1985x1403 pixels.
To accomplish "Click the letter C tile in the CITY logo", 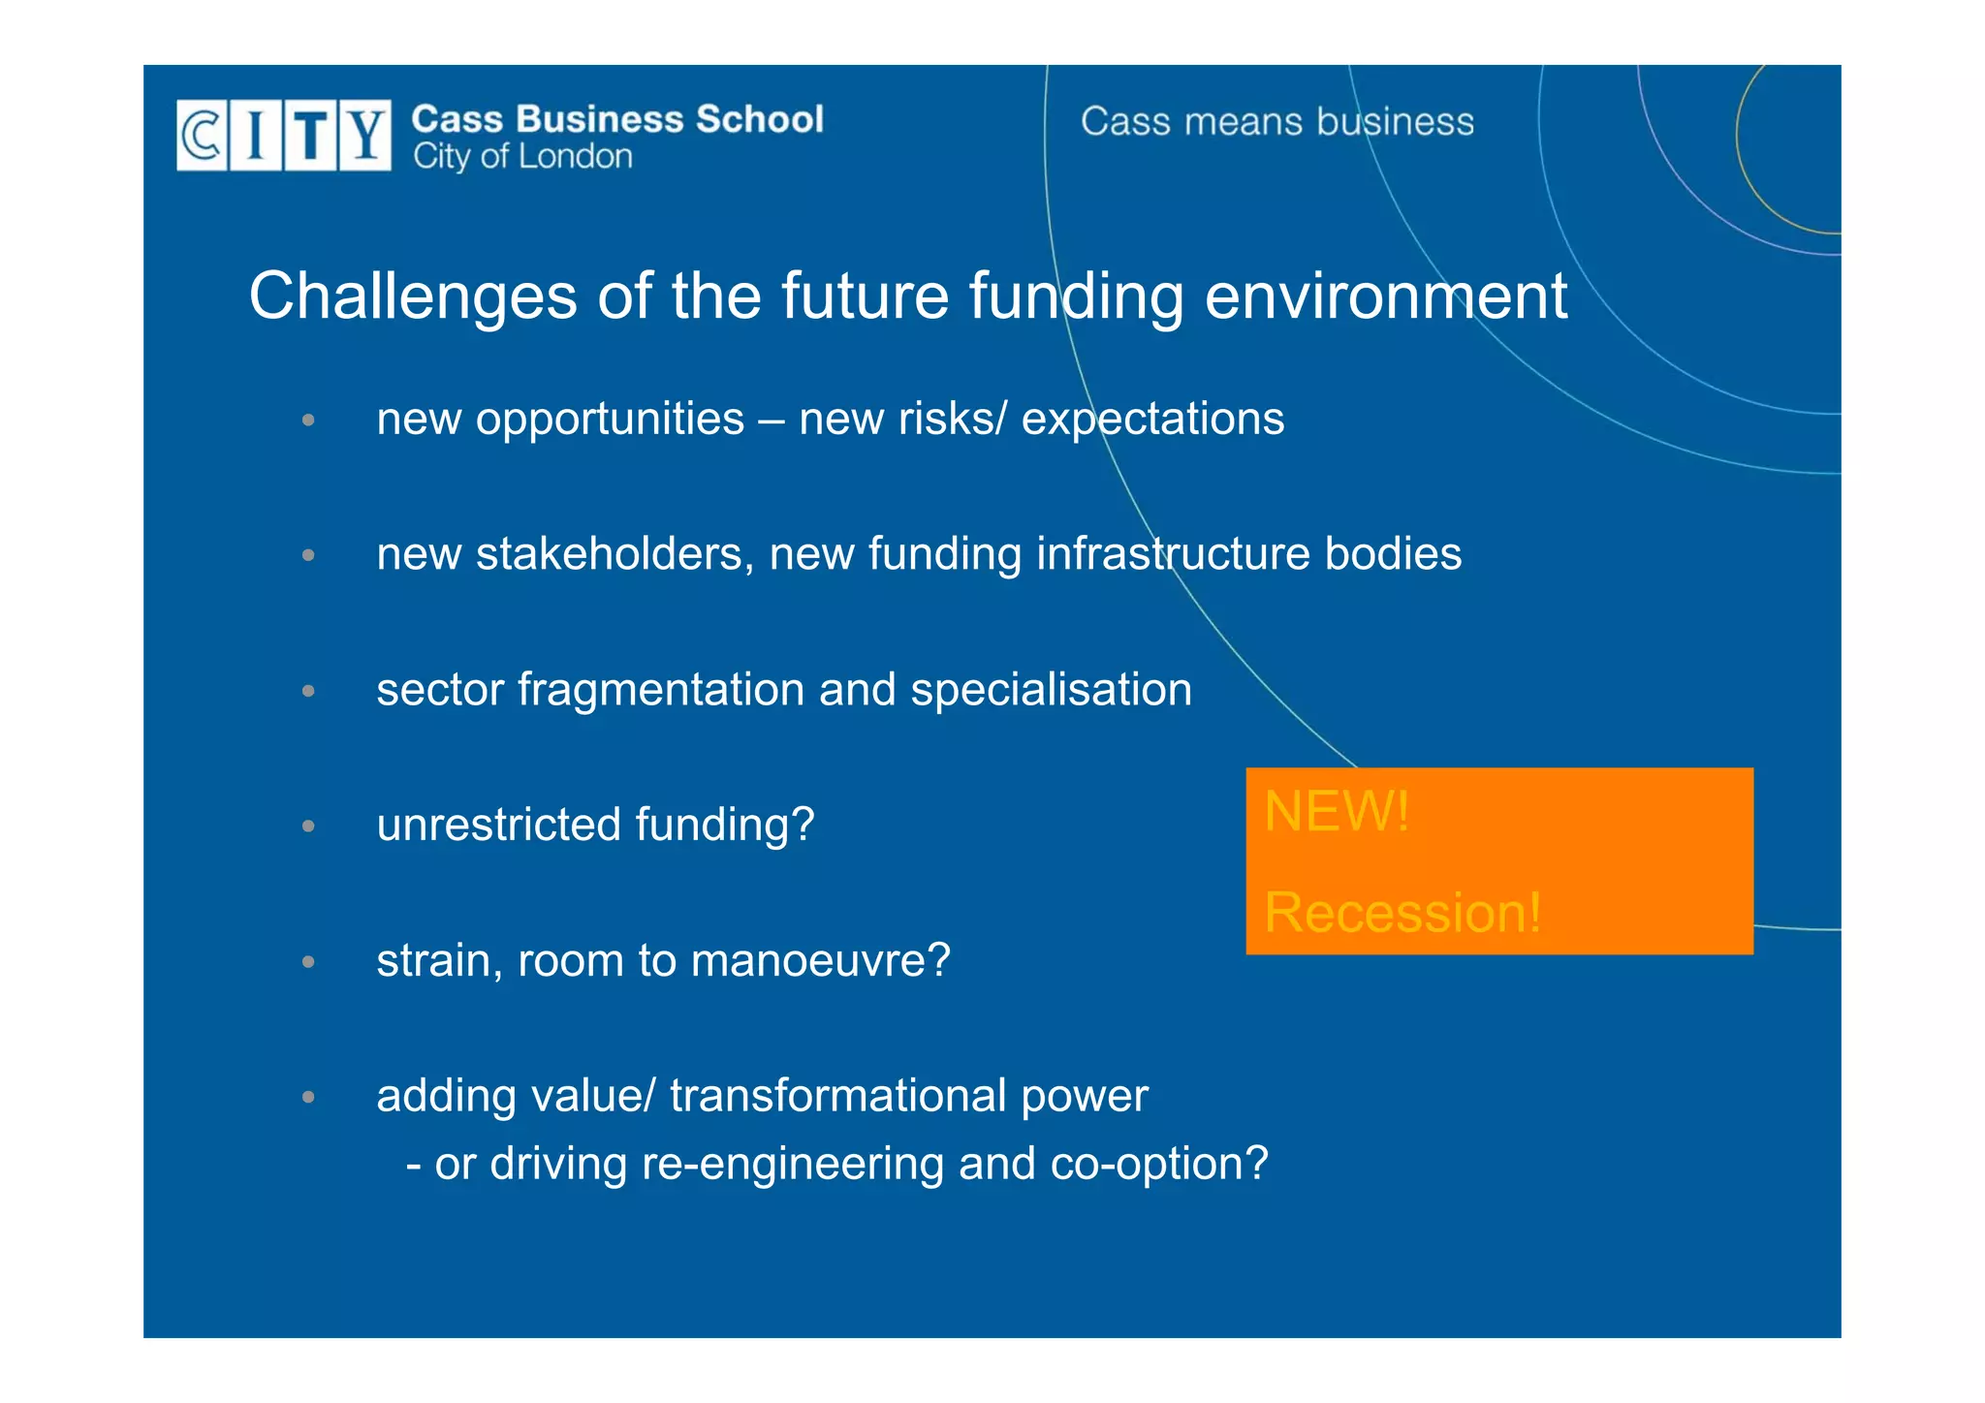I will pyautogui.click(x=202, y=135).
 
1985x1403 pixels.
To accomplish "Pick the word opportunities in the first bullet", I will pyautogui.click(x=610, y=420).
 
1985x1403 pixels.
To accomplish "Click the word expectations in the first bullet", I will pyautogui.click(x=1152, y=420).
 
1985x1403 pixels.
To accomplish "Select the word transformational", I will pyautogui.click(x=837, y=1096).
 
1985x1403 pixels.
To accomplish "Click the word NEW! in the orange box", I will pyautogui.click(x=1337, y=811).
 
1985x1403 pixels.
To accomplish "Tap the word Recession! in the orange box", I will pyautogui.click(x=1402, y=913).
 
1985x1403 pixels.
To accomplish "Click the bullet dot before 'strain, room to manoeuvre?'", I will pyautogui.click(x=308, y=962).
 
